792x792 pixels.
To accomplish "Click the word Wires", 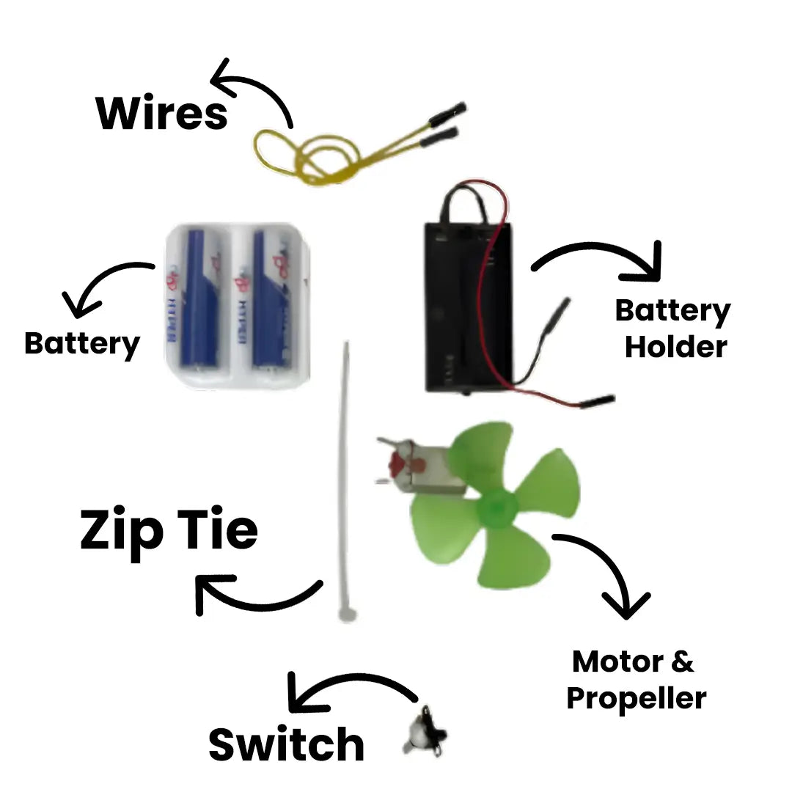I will (162, 114).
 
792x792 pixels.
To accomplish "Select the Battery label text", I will (81, 343).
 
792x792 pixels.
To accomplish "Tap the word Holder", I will (675, 346).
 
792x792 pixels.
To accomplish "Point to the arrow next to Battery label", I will (106, 282).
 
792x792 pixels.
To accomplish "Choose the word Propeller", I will (636, 697).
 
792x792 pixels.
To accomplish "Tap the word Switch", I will (286, 744).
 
